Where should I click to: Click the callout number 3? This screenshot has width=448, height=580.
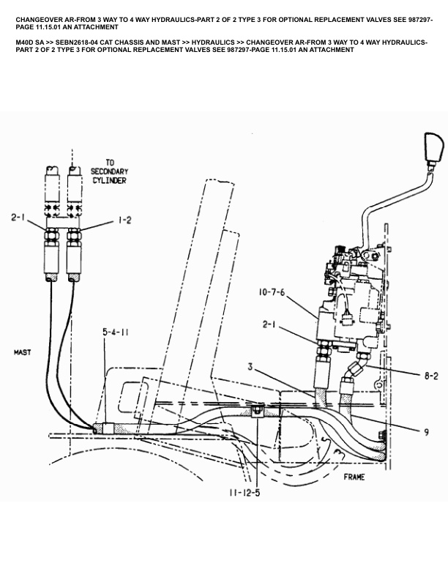[x=251, y=367]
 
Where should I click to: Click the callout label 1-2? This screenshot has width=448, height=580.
[x=123, y=219]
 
